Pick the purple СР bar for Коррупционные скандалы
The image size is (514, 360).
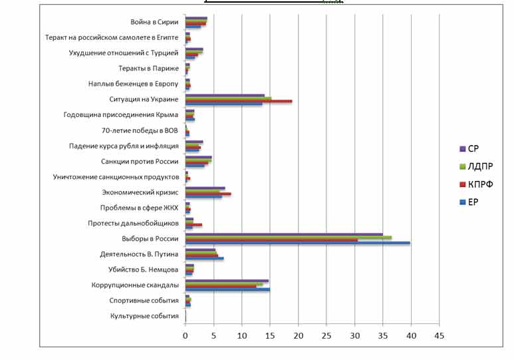(x=227, y=281)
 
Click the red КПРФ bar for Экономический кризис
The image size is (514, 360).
(x=208, y=194)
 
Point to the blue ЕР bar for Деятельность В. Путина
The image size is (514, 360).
(x=204, y=258)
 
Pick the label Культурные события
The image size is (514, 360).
(x=145, y=316)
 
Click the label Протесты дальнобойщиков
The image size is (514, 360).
(x=134, y=223)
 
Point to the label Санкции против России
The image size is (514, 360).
(x=140, y=161)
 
